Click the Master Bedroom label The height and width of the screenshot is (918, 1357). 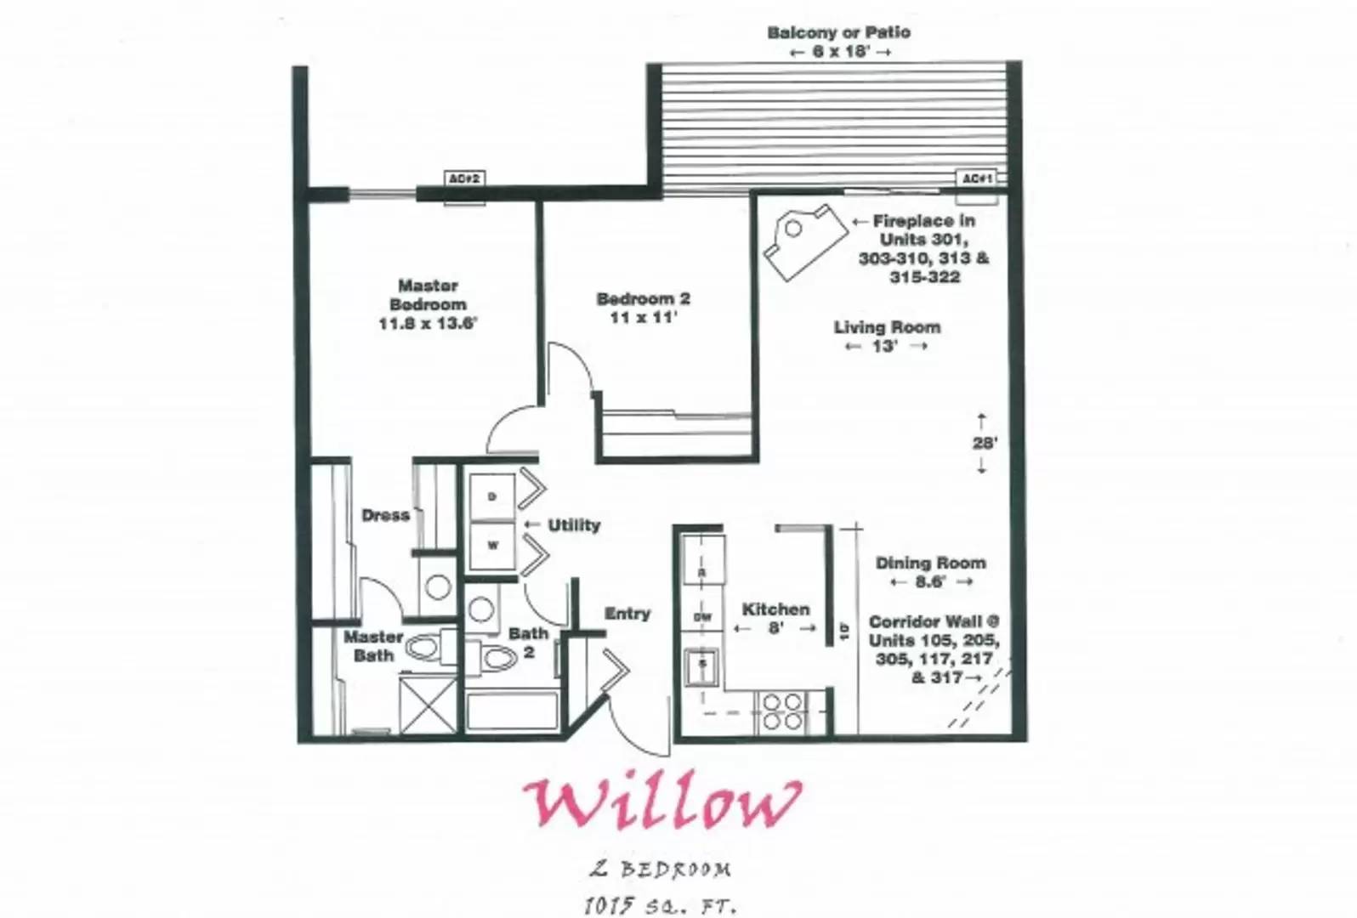click(x=428, y=295)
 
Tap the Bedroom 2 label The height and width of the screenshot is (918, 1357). click(x=644, y=299)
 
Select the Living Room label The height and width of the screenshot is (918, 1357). click(x=887, y=327)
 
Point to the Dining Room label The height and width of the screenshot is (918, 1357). click(x=930, y=563)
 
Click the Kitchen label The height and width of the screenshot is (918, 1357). click(x=775, y=609)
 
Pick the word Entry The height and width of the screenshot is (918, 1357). click(x=627, y=614)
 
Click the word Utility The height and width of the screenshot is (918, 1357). click(x=574, y=525)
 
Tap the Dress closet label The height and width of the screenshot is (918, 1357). click(x=385, y=515)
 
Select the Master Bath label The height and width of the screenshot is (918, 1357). click(x=373, y=646)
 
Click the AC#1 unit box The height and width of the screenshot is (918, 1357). click(x=977, y=178)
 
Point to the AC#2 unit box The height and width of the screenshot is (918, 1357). click(x=465, y=178)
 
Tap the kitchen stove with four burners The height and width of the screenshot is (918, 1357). click(x=781, y=711)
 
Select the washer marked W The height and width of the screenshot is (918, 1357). click(x=492, y=545)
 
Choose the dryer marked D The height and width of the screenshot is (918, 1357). click(x=492, y=496)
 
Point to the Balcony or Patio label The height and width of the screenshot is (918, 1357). click(x=838, y=33)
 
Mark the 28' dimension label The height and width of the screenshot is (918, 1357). click(x=984, y=443)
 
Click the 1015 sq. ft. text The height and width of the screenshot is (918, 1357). click(x=660, y=905)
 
